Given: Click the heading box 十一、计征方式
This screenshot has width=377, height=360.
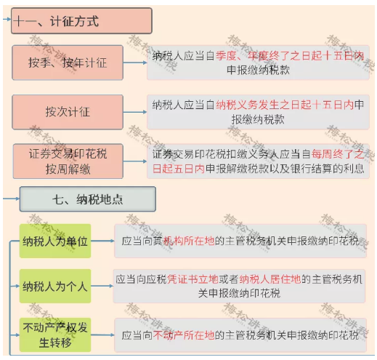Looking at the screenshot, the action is click(x=81, y=21).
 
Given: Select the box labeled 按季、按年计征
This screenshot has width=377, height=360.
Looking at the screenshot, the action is click(x=68, y=63).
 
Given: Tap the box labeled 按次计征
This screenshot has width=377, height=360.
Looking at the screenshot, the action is click(x=68, y=112).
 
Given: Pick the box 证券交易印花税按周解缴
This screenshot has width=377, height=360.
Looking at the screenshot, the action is click(x=68, y=161).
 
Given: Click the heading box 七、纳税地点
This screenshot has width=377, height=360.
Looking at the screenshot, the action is click(x=88, y=199).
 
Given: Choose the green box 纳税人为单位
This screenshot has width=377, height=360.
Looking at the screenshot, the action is click(x=55, y=241).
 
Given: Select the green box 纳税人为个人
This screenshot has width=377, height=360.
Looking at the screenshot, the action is click(x=55, y=286).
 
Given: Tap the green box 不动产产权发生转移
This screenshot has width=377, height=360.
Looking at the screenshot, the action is click(x=55, y=335).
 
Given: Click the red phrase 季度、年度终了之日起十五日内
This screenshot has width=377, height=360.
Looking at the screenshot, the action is click(x=290, y=56).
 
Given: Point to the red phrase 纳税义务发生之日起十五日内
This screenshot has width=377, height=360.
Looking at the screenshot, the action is click(x=285, y=105).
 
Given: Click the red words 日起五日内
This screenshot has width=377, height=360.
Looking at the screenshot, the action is click(x=179, y=169).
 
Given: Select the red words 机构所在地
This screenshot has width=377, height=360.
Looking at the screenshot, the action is click(x=189, y=241).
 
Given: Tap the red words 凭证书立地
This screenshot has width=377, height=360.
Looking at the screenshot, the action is click(x=192, y=279).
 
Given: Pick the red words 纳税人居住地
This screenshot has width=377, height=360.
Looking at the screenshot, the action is click(x=270, y=279).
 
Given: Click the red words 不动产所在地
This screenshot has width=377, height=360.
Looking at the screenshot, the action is click(x=184, y=335).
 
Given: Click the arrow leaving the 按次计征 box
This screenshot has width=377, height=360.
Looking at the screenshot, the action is click(x=135, y=112).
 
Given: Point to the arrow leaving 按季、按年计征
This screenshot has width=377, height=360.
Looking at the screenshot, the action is click(x=135, y=63).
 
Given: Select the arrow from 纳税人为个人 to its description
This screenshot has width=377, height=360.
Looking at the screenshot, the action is click(x=102, y=286).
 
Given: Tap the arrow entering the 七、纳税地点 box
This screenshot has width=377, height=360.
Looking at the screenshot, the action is click(x=12, y=199).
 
